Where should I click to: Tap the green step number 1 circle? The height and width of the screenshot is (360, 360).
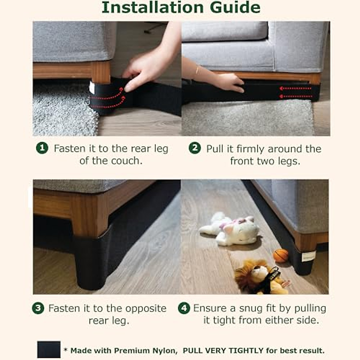[42, 148]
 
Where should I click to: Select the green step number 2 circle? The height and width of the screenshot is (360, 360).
[195, 148]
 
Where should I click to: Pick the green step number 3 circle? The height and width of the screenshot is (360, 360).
[38, 308]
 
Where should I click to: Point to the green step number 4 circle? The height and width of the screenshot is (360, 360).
[184, 308]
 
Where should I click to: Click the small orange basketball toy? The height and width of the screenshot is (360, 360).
[280, 256]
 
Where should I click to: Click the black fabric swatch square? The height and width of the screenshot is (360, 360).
[49, 349]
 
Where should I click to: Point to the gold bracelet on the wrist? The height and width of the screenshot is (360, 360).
[197, 71]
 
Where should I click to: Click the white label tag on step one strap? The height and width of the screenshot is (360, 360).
[91, 87]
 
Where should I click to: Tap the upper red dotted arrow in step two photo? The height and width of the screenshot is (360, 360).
[295, 88]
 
